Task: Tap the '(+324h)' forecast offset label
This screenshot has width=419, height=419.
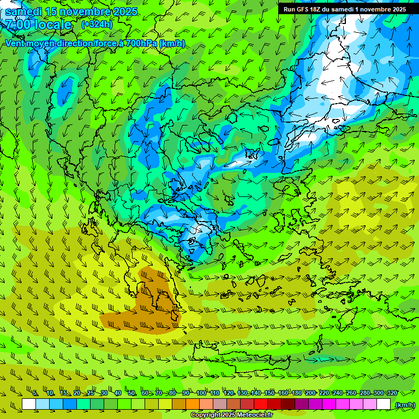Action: coord(97,25)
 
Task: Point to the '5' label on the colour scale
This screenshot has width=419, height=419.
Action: coord(35,393)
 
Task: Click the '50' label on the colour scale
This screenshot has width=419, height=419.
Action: coord(131,393)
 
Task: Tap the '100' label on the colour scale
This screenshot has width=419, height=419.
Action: coord(201,393)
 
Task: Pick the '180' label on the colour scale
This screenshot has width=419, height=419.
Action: coord(296,393)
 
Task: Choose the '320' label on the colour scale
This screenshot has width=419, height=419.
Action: coord(391,393)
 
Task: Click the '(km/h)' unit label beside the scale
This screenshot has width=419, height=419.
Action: coord(404,404)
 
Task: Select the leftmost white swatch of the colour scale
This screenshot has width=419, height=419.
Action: coord(29,404)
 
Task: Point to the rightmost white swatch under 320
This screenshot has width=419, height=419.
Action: coord(384,404)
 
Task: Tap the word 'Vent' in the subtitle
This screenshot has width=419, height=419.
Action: coord(15,43)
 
